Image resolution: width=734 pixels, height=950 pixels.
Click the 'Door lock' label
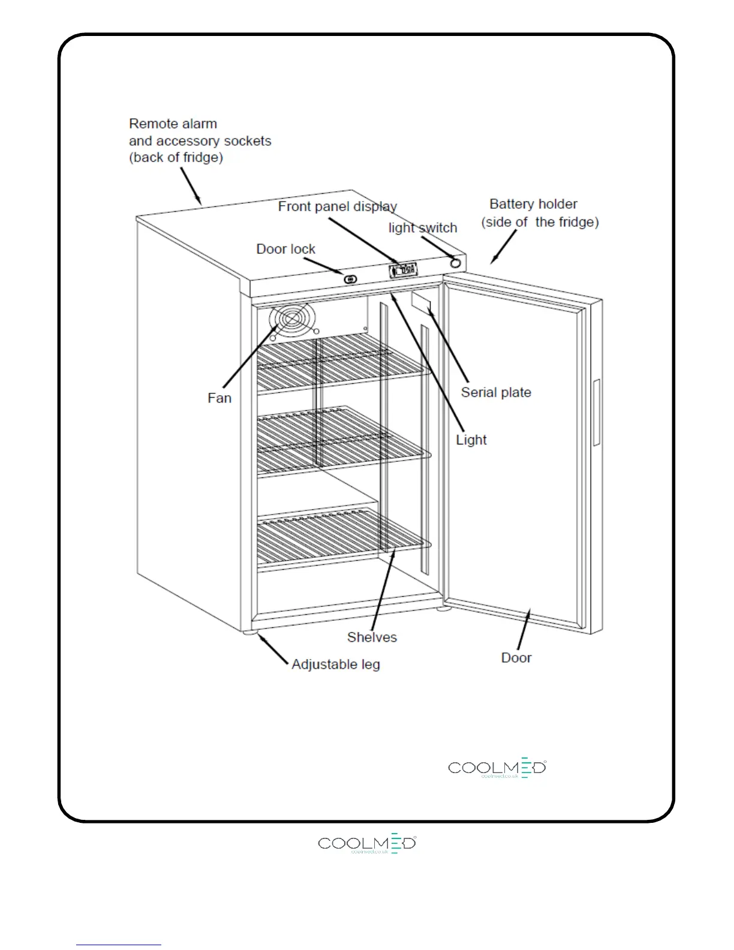click(x=285, y=249)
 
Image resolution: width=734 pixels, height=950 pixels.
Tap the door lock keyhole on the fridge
click(x=350, y=279)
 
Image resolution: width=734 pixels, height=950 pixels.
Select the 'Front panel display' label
click(x=337, y=207)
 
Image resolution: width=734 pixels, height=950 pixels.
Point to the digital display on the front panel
click(x=403, y=270)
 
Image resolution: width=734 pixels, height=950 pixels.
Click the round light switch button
click(x=456, y=263)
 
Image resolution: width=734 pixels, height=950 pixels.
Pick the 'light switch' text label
click(x=422, y=228)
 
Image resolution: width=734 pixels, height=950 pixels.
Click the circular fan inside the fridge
click(x=292, y=320)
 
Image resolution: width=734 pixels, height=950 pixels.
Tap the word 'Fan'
click(x=219, y=398)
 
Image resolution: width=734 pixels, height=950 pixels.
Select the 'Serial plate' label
click(x=496, y=392)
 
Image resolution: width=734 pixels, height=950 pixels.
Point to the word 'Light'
click(x=471, y=440)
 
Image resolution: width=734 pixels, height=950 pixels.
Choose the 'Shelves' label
click(x=372, y=637)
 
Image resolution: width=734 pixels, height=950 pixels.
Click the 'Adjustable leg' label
click(x=336, y=665)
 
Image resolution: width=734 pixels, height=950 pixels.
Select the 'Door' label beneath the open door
click(x=516, y=658)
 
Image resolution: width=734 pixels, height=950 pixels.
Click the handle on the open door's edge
click(x=596, y=413)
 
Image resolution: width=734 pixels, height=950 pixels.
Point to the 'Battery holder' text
click(x=533, y=204)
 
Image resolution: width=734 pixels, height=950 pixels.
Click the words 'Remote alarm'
click(x=173, y=124)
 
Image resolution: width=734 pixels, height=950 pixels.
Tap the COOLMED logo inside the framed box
click(x=497, y=768)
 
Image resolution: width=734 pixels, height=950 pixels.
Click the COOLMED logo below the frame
click(x=367, y=843)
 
